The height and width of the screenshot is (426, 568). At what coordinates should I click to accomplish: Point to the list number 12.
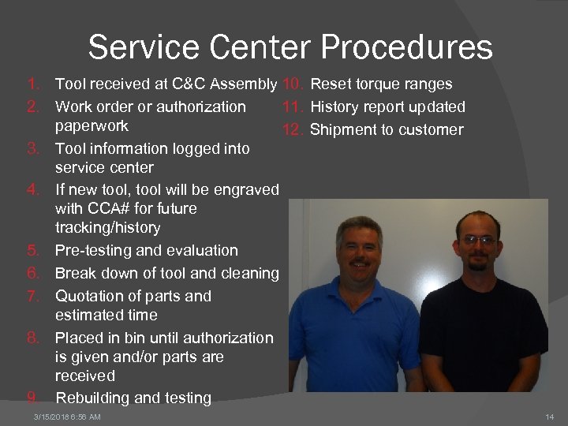293,129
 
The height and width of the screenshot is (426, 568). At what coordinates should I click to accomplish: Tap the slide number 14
550,417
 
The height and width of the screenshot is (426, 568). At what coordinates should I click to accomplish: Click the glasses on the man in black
479,239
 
